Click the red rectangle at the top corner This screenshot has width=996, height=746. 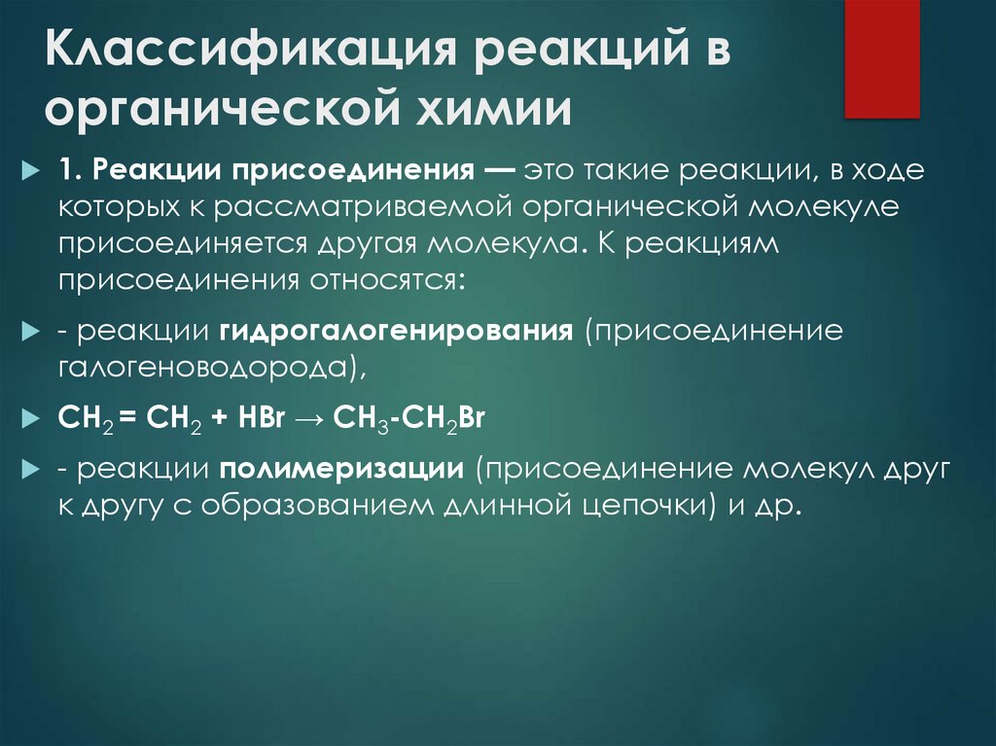click(881, 58)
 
